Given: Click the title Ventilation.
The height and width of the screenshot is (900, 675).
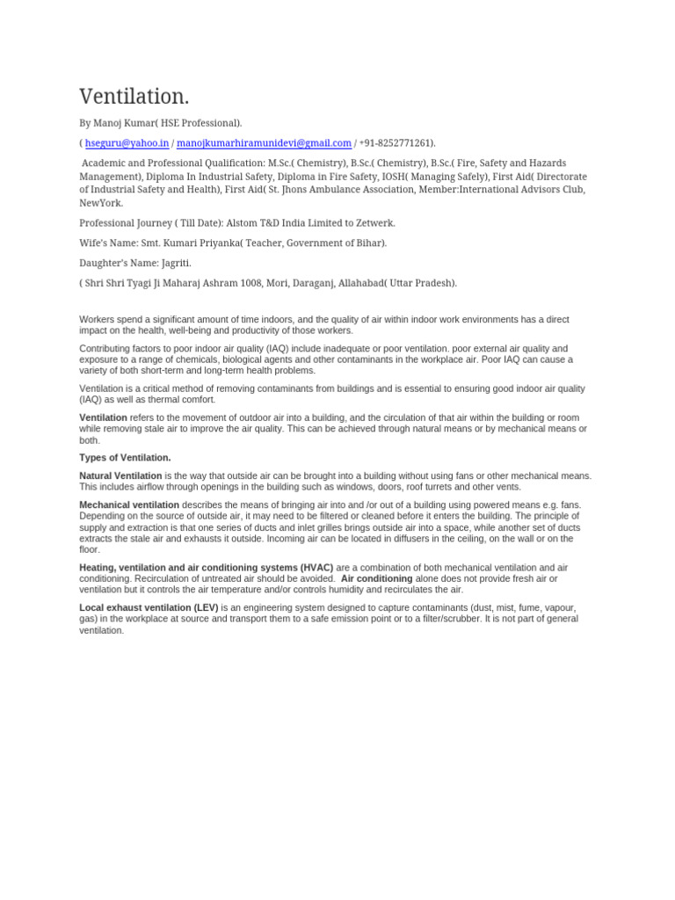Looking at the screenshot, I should click(134, 97).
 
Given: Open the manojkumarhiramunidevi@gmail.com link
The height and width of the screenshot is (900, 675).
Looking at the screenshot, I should click(264, 143).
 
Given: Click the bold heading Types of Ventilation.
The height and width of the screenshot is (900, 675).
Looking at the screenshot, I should click(125, 458).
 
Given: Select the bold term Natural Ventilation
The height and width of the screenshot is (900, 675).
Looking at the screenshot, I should click(120, 475).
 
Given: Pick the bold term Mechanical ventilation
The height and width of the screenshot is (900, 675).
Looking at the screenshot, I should click(129, 504).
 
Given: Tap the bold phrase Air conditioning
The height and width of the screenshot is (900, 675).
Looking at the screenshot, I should click(376, 578).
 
